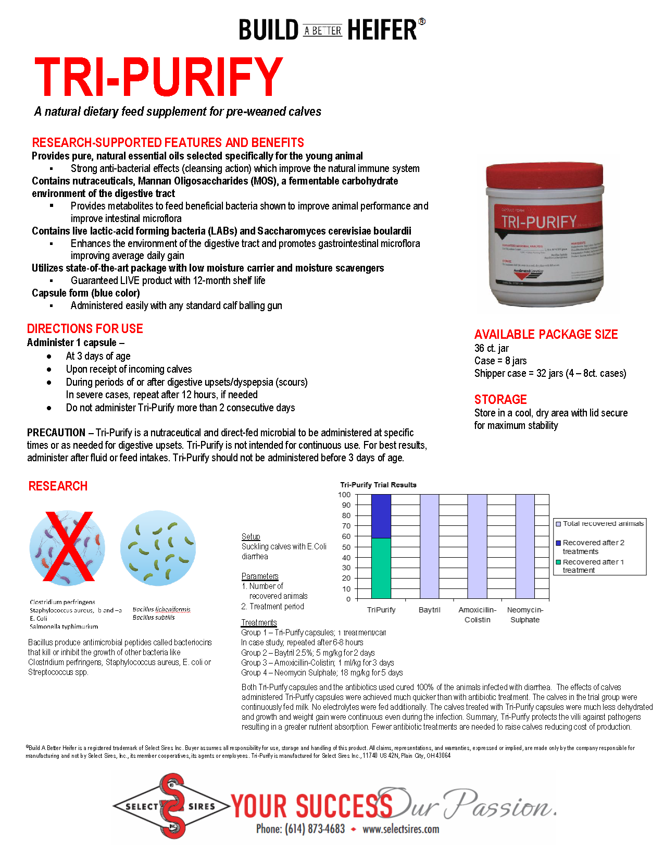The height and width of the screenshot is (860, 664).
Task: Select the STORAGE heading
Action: point(500,400)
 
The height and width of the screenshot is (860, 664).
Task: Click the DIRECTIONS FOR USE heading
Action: point(85,329)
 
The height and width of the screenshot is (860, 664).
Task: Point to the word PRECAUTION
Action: point(56,433)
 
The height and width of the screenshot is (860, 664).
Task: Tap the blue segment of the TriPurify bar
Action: point(381,516)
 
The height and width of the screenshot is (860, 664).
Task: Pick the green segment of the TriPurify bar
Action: point(381,568)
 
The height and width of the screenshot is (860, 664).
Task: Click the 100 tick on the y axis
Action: point(345,495)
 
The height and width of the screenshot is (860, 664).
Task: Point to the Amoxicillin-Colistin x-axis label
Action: point(478,615)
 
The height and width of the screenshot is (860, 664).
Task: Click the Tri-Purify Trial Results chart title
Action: point(379,485)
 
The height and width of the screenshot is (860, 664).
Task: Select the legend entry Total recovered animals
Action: point(603,523)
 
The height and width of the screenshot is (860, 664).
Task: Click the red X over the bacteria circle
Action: point(68,546)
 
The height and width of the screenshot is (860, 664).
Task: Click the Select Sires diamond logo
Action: point(171,806)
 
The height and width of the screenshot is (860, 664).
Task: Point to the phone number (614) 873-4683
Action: point(300,829)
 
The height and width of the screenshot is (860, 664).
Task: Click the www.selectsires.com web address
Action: point(400,829)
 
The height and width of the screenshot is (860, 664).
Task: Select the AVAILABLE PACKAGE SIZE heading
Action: point(546,335)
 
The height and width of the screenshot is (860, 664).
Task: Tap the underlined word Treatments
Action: point(259,622)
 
